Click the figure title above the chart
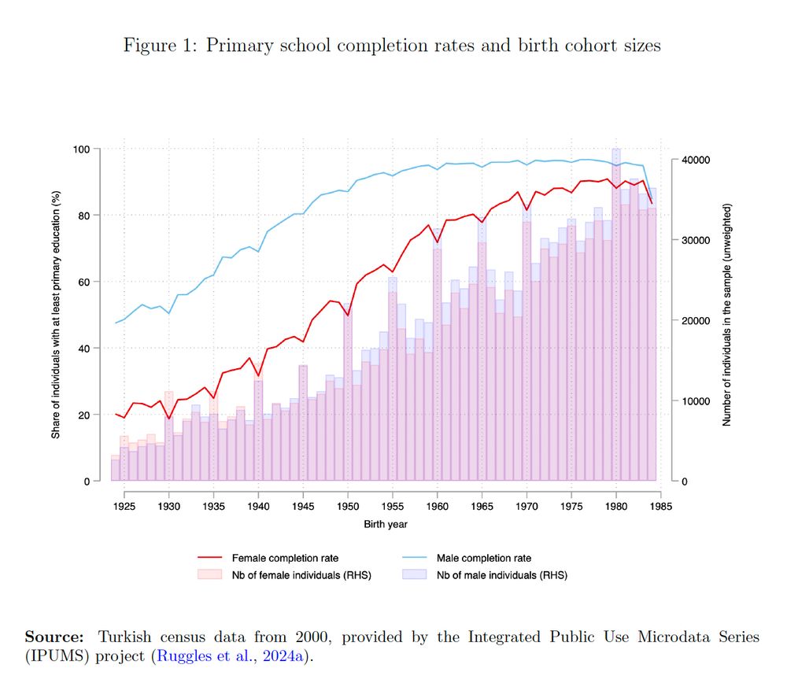click(x=392, y=46)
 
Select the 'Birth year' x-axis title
click(x=385, y=524)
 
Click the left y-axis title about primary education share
click(x=56, y=315)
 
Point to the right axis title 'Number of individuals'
click(x=727, y=315)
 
